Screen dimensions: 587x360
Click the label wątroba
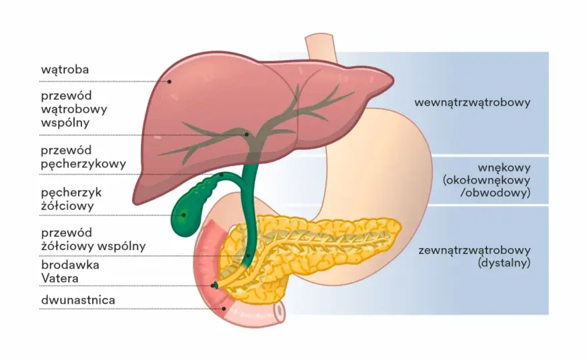point(65,69)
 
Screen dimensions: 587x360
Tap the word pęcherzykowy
point(83,164)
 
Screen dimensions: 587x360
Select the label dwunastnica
point(78,300)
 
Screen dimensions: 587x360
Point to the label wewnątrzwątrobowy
point(472,103)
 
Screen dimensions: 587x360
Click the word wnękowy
point(504,167)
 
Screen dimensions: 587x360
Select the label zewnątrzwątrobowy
point(474,250)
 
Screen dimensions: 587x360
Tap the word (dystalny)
point(504,263)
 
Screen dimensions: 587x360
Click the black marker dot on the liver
point(169,81)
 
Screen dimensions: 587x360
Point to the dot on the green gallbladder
point(184,215)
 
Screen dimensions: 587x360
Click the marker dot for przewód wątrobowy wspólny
point(247,135)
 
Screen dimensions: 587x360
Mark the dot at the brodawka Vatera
point(213,286)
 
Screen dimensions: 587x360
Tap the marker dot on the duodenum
point(224,309)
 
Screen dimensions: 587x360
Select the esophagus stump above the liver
point(322,47)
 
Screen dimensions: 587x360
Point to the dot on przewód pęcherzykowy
point(221,175)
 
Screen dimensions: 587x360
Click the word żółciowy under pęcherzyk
point(67,206)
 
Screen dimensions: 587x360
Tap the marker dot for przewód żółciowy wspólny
point(249,255)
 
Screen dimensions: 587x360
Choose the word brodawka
point(70,265)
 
